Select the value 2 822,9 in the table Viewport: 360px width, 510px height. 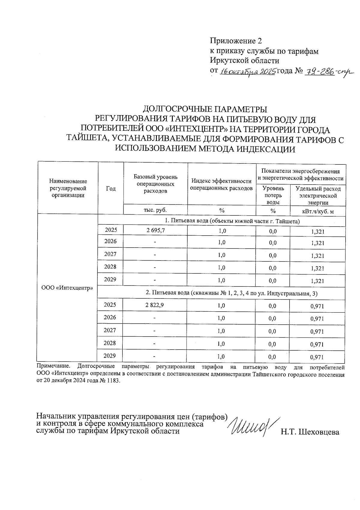point(155,305)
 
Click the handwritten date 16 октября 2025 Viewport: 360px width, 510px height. point(248,72)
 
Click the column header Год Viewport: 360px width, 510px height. point(111,188)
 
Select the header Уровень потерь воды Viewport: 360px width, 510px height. point(273,195)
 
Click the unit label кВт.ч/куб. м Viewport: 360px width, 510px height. point(318,211)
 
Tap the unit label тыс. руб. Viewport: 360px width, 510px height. point(155,210)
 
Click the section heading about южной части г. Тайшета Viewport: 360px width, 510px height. point(232,221)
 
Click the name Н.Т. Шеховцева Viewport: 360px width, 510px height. point(310,432)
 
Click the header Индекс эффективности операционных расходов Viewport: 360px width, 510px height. point(222,185)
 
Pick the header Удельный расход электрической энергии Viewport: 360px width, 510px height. point(318,195)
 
